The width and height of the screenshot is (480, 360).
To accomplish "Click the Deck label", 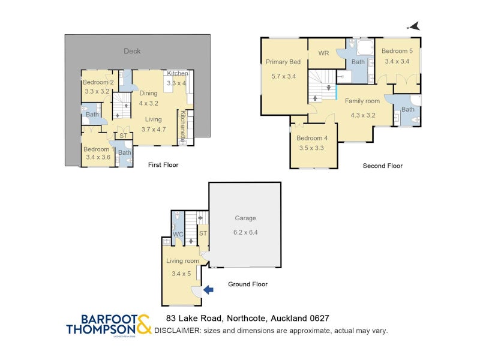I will [x=132, y=51].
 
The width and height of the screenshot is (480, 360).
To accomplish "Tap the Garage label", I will [x=245, y=218].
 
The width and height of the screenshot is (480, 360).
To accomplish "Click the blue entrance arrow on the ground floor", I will [x=208, y=290].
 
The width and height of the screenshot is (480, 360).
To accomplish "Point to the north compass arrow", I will [x=413, y=26].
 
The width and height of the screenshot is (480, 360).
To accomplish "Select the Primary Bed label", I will [x=283, y=62].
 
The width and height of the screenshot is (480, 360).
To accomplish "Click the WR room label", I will [x=323, y=53].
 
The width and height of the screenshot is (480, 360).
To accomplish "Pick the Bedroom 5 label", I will [x=397, y=51].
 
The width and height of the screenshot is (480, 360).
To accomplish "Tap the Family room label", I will [x=362, y=101].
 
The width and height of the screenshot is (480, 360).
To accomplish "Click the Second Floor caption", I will [x=382, y=166].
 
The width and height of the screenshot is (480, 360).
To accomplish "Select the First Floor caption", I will [x=163, y=164].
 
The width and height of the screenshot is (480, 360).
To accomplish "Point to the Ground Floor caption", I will [x=247, y=284].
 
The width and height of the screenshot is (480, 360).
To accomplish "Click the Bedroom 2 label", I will [x=98, y=82].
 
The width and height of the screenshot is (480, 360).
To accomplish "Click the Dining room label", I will [x=148, y=93].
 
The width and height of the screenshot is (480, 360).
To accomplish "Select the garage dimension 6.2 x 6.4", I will [x=245, y=232].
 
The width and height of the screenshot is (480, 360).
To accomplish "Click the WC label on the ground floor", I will [x=178, y=234].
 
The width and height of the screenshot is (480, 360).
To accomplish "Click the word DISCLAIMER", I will [x=178, y=331].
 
